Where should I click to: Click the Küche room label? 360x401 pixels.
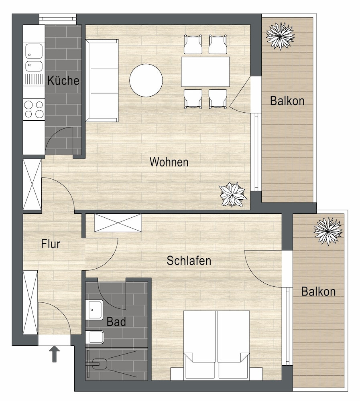point(63,81)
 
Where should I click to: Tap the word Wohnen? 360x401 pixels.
point(169,162)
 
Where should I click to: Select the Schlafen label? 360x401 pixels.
point(189,261)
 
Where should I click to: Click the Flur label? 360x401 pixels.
point(51,244)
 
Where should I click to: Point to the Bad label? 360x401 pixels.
point(116,322)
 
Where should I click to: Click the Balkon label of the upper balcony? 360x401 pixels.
point(287,101)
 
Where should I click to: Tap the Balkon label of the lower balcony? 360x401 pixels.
point(318,291)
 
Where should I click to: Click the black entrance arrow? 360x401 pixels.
point(55,354)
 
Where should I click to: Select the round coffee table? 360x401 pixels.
point(146,81)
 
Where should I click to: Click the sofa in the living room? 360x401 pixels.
point(102,80)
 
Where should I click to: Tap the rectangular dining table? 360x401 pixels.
point(205,71)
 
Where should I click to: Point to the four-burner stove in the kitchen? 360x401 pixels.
point(34,109)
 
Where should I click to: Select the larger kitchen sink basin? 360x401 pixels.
point(34,51)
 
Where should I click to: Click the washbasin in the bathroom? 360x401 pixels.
point(96,310)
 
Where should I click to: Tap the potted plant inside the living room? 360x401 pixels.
point(233,194)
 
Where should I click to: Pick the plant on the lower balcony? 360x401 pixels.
point(328,231)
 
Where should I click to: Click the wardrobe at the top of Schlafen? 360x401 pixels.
point(118,223)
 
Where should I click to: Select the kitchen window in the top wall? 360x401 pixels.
point(57,18)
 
